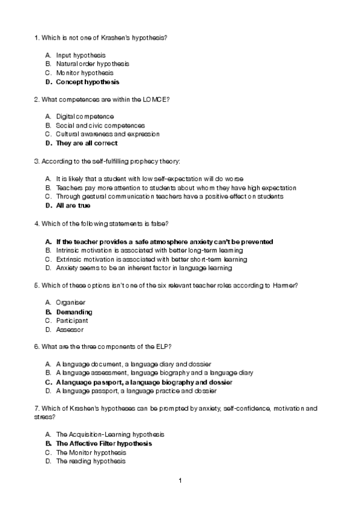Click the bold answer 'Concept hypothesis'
pyautogui.click(x=87, y=82)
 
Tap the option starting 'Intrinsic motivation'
pyautogui.click(x=149, y=250)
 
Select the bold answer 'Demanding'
pyautogui.click(x=74, y=312)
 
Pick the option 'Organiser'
pyautogui.click(x=71, y=303)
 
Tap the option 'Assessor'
pyautogui.click(x=70, y=330)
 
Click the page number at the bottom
pyautogui.click(x=180, y=481)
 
